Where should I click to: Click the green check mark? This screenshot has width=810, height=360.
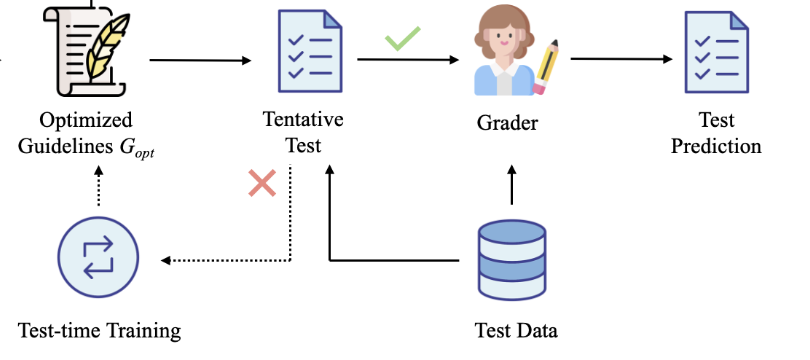click(403, 40)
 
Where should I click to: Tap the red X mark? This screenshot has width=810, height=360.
click(262, 183)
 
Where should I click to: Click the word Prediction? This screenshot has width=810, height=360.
click(716, 146)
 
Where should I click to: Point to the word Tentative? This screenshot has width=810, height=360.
click(303, 120)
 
